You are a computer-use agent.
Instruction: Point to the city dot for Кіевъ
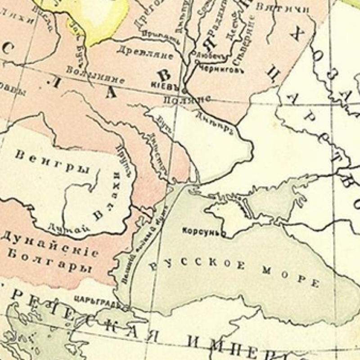(x=184, y=89)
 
